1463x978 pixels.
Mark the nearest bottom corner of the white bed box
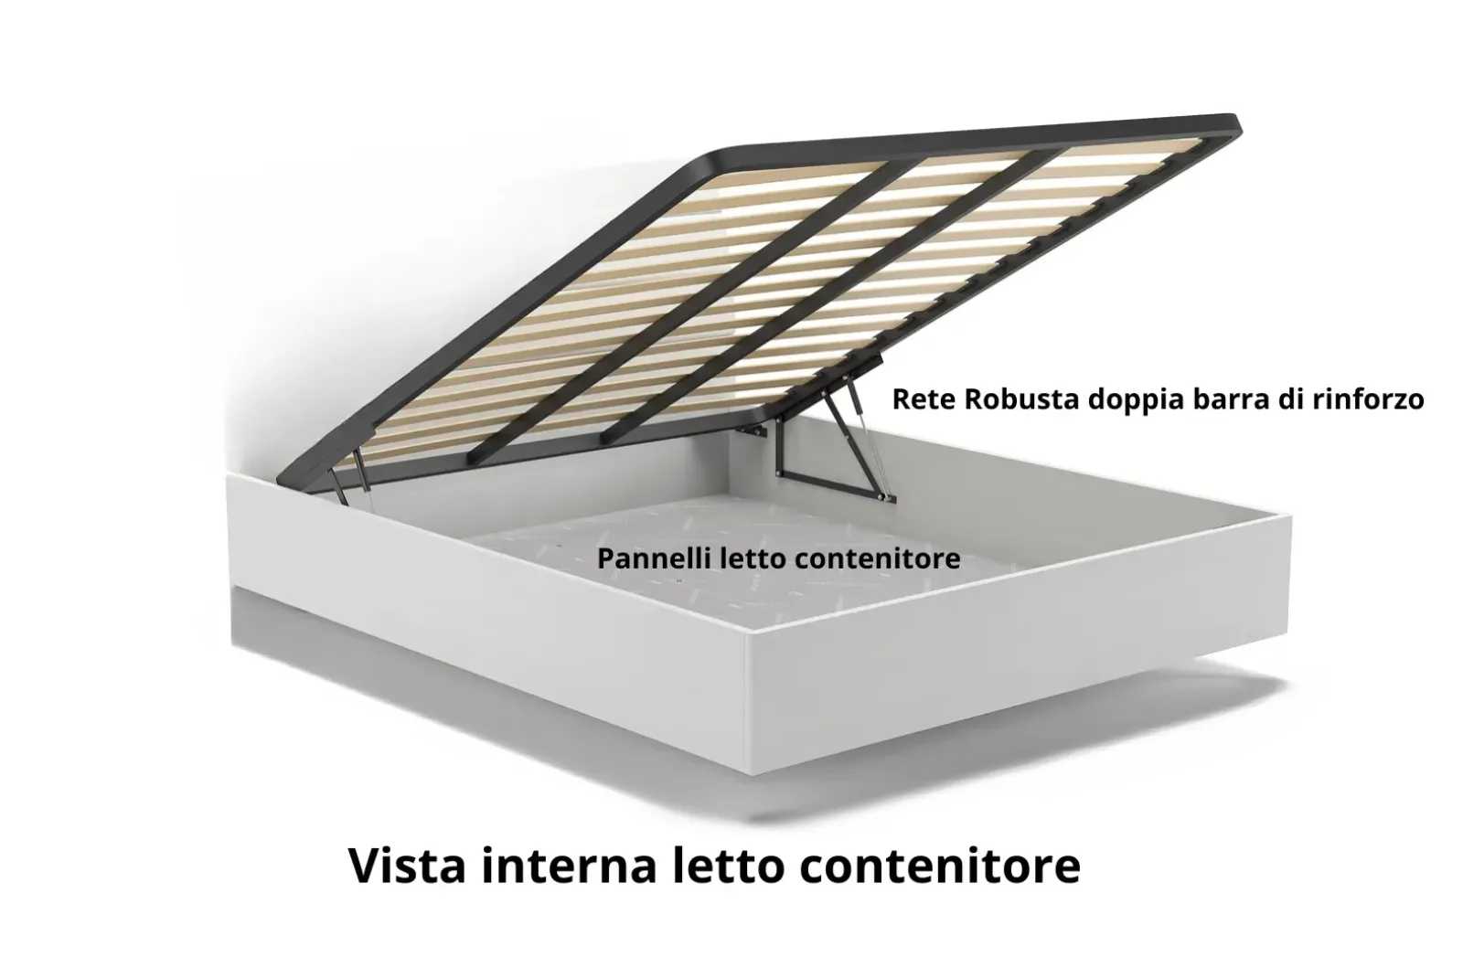(753, 775)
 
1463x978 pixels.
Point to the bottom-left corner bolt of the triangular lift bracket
(778, 473)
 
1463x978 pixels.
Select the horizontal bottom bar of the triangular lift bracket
(834, 486)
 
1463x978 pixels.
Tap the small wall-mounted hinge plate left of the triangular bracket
(751, 431)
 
